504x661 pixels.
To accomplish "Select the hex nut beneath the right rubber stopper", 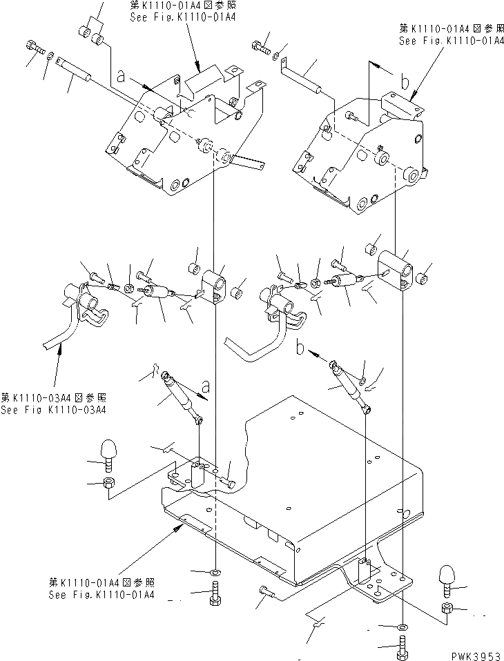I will pos(446,607).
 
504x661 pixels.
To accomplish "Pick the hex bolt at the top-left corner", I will pos(35,48).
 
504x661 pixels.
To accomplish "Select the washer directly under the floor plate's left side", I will pos(215,572).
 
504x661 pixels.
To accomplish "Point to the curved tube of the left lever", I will pos(64,331).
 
